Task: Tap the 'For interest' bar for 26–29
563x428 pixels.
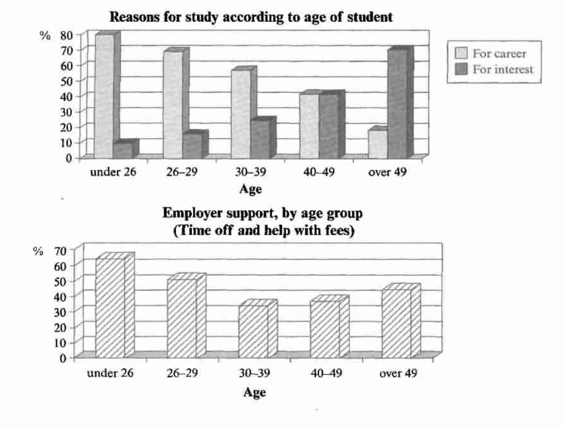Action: [x=192, y=145]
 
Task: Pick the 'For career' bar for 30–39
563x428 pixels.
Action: [x=240, y=114]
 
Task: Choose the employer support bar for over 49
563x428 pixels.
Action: [x=396, y=323]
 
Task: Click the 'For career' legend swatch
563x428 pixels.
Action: [x=461, y=53]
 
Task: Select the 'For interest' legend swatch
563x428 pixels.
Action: [x=461, y=69]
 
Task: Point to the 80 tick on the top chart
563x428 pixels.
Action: [x=67, y=35]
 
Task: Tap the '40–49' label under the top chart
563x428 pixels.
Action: [x=319, y=172]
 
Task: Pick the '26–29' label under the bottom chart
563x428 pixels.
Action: [x=182, y=373]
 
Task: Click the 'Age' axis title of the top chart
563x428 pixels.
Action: [x=251, y=189]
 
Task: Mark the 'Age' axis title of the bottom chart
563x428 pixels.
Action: [x=254, y=392]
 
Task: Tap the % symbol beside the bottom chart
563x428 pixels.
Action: [x=38, y=251]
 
